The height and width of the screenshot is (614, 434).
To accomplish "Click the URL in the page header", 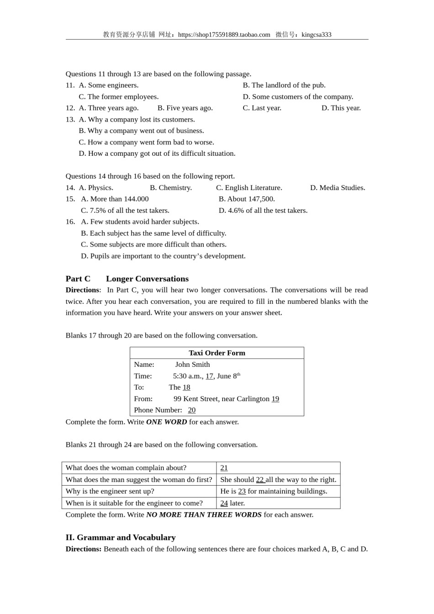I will (224, 35).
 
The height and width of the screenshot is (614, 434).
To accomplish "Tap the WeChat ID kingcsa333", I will (316, 35).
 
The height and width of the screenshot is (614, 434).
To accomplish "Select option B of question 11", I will (284, 85).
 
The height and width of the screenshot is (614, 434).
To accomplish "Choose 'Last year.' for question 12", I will (262, 108).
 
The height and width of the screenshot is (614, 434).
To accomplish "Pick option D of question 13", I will (157, 153).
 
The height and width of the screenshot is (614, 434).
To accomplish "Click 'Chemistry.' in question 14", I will (171, 188).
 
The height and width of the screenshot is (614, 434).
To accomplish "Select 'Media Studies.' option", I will (338, 188).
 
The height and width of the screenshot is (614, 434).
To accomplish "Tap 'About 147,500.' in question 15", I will (247, 199).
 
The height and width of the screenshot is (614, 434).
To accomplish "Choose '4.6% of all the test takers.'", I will (263, 211).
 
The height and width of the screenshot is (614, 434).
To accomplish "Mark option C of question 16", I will (153, 244).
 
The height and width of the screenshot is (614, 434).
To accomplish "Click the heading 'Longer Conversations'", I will (147, 279).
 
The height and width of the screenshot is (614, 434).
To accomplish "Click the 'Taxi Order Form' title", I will (217, 353).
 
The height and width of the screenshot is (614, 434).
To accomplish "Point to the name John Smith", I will (192, 365).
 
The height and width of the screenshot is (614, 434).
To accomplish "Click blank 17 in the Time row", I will (209, 376).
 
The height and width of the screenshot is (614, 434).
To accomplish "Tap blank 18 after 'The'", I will (186, 387).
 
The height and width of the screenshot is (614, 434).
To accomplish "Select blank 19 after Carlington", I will (275, 399).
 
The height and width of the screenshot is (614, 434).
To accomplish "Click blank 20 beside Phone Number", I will (191, 410).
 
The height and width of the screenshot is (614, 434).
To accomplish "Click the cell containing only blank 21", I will (278, 468).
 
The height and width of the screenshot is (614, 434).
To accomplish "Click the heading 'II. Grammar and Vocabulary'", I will (121, 537).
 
